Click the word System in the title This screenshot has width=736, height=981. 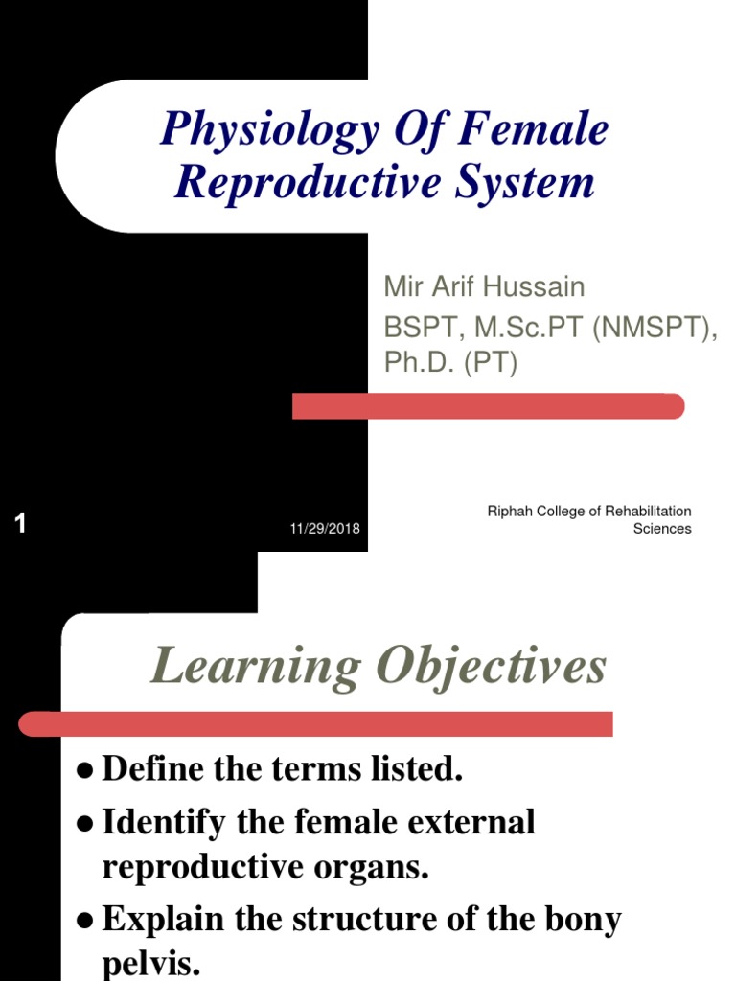pos(539,182)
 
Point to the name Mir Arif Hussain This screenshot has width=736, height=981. pos(484,286)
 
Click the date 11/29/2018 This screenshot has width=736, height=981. pos(326,529)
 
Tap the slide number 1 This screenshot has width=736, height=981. pos(20,524)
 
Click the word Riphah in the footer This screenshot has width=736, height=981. pos(509,512)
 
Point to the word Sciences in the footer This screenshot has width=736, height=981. pos(662,529)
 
